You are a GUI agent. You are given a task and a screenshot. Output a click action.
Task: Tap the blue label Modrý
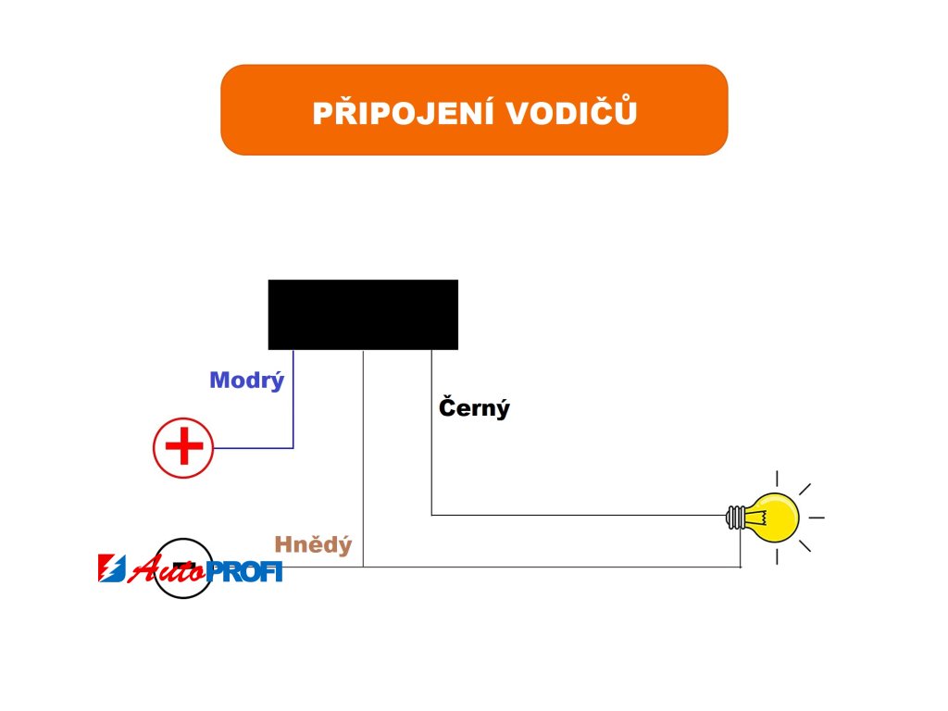click(x=246, y=380)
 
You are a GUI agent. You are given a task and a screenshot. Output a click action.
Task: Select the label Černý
click(x=474, y=407)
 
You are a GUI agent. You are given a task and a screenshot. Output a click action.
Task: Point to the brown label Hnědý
click(x=313, y=545)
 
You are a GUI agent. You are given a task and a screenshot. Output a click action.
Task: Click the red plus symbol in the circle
click(x=183, y=448)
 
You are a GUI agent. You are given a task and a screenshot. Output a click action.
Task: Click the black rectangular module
click(x=363, y=315)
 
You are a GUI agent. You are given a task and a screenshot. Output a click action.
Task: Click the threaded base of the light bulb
click(x=737, y=517)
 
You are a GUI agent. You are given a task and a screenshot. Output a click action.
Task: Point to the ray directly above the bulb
click(x=777, y=479)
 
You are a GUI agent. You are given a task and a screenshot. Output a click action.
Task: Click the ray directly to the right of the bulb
click(x=816, y=517)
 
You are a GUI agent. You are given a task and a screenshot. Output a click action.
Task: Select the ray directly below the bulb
click(x=777, y=555)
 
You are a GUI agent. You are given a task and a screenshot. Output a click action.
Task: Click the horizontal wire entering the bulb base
click(x=574, y=515)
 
